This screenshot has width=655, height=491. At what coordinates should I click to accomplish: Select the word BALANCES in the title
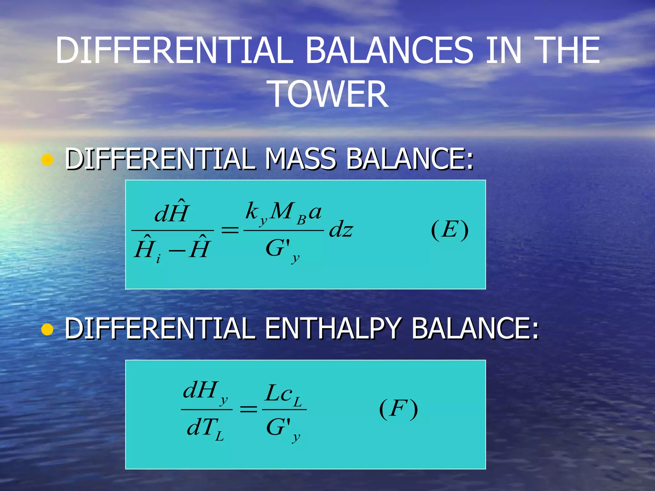click(389, 50)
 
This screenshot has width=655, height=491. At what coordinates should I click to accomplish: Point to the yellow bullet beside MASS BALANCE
click(47, 160)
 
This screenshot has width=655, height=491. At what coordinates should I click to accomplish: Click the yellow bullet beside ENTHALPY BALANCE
click(47, 330)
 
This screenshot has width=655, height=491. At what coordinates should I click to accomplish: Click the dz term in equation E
click(341, 230)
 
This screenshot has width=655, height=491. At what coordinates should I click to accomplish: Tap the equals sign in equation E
click(230, 230)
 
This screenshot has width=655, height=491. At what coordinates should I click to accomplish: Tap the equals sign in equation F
click(249, 409)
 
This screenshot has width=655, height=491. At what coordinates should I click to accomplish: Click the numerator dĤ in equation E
click(172, 212)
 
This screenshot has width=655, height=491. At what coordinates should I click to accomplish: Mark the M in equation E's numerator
click(281, 211)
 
